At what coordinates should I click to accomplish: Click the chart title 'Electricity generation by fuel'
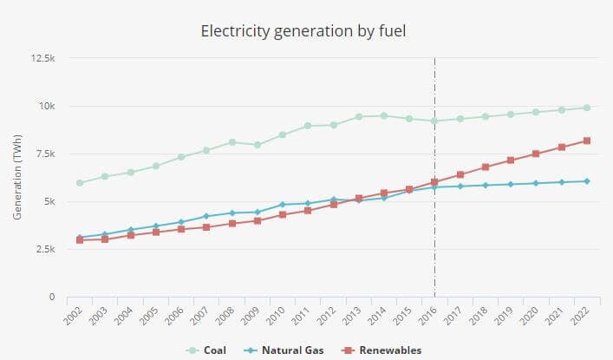click(x=303, y=32)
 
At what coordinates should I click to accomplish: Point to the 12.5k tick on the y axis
click(x=43, y=59)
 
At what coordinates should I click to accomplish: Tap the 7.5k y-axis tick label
click(x=45, y=154)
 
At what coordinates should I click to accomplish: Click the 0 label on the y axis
click(x=53, y=298)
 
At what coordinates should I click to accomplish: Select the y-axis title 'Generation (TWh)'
click(x=17, y=178)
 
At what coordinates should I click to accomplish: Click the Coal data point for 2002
click(x=80, y=183)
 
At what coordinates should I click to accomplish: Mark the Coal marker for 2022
click(x=587, y=108)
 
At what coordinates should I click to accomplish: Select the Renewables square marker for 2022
click(x=587, y=141)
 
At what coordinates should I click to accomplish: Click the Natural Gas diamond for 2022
click(x=587, y=181)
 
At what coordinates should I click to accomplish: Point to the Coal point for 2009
click(x=258, y=145)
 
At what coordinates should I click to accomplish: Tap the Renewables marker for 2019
click(x=511, y=160)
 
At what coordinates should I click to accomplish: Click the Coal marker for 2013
click(x=359, y=116)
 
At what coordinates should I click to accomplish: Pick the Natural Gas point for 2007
click(x=206, y=216)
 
